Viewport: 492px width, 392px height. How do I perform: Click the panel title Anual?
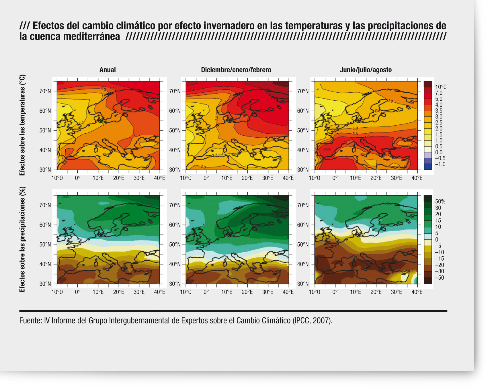point(108,70)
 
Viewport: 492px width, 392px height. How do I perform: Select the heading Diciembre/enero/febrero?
point(236,70)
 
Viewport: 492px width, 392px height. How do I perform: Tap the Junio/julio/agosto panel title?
point(366,70)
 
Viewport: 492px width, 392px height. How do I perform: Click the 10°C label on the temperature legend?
point(441,87)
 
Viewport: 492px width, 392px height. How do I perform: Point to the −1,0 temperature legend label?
point(440,164)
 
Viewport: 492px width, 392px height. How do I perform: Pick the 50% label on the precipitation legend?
point(440,202)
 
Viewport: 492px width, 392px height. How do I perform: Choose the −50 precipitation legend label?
point(439,278)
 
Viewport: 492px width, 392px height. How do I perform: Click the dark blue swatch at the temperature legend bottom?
point(427,167)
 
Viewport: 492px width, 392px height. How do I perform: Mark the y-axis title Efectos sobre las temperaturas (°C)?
point(22,125)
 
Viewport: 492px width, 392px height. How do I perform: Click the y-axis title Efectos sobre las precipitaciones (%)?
point(22,239)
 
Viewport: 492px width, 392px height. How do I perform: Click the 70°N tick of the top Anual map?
point(45,91)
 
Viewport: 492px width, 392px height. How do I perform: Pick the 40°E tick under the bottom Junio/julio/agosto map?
point(417,292)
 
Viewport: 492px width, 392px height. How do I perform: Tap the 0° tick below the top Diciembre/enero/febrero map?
point(206,178)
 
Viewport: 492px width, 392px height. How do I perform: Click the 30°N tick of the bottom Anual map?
point(45,284)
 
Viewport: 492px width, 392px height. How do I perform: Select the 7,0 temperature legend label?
point(439,93)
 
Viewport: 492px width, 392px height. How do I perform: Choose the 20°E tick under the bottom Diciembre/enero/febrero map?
point(247,292)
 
